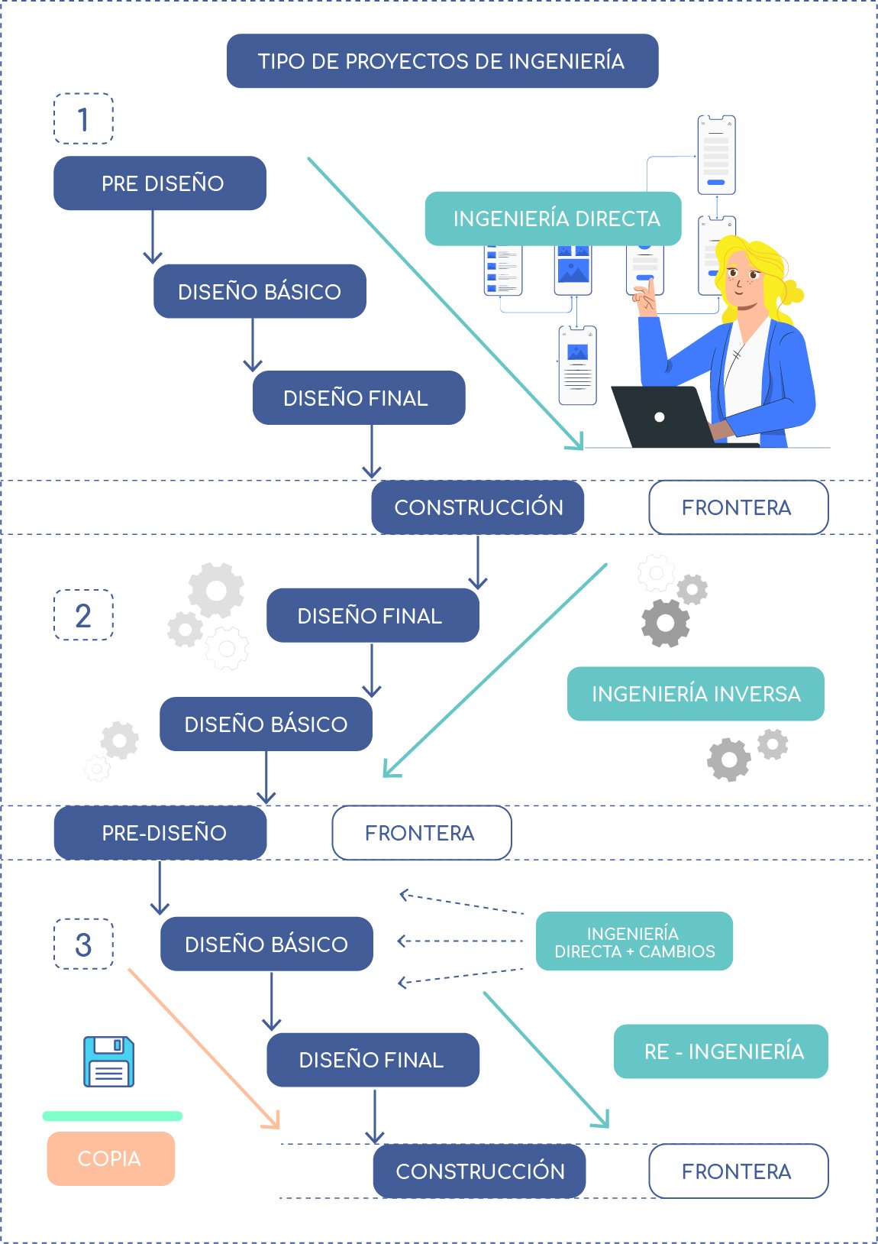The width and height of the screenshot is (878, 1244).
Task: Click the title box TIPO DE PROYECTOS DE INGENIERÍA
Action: pos(442,61)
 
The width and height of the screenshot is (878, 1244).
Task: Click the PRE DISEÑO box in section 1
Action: pos(160,183)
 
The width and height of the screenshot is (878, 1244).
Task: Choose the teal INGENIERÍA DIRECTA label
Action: pos(554,219)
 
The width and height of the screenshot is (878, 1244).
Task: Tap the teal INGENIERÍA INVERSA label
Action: pos(696,694)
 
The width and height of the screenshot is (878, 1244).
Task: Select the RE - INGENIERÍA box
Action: pos(721,1051)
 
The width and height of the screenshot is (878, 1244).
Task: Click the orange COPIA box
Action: pos(111,1158)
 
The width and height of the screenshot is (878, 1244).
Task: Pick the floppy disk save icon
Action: pos(108,1061)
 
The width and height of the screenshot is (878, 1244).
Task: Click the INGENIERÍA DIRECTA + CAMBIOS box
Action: pos(634,941)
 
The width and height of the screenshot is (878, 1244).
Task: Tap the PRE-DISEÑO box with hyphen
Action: pos(160,832)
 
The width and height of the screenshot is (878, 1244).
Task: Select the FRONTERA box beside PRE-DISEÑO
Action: pos(421,832)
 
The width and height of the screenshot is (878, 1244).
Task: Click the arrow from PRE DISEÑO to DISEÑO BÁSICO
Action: pos(153,237)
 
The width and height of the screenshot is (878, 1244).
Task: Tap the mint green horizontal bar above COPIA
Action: pos(113,1116)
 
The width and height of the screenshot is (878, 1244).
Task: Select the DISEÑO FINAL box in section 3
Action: pos(373,1060)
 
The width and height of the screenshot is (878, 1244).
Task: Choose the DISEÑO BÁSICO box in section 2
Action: pos(266,724)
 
